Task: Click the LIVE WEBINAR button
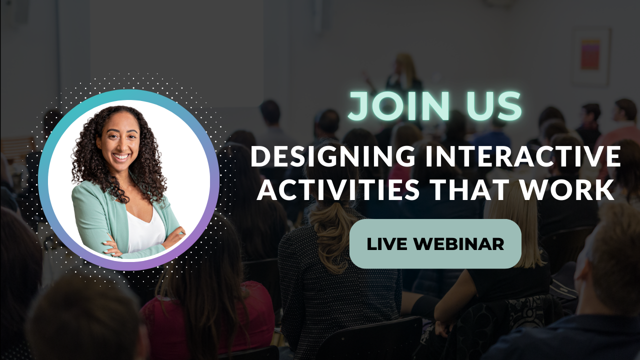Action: coord(435,243)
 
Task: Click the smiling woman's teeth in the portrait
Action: coord(121,156)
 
